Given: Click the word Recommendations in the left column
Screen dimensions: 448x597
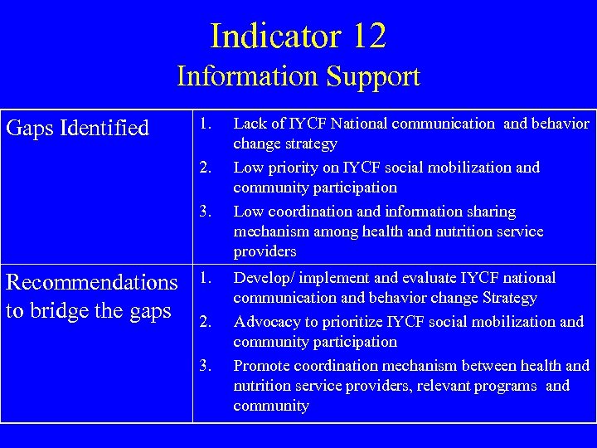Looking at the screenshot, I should [x=92, y=282].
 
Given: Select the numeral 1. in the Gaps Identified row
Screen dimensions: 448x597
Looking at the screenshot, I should [x=207, y=124].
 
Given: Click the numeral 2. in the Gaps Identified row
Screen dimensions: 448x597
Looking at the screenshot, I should [x=207, y=168].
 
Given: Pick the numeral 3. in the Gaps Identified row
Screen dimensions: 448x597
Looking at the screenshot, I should [x=207, y=212].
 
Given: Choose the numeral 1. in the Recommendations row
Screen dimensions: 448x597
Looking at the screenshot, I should [x=207, y=278].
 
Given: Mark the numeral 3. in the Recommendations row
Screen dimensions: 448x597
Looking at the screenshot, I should [x=207, y=366].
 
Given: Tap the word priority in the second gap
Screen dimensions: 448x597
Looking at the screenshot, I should [x=294, y=168].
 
